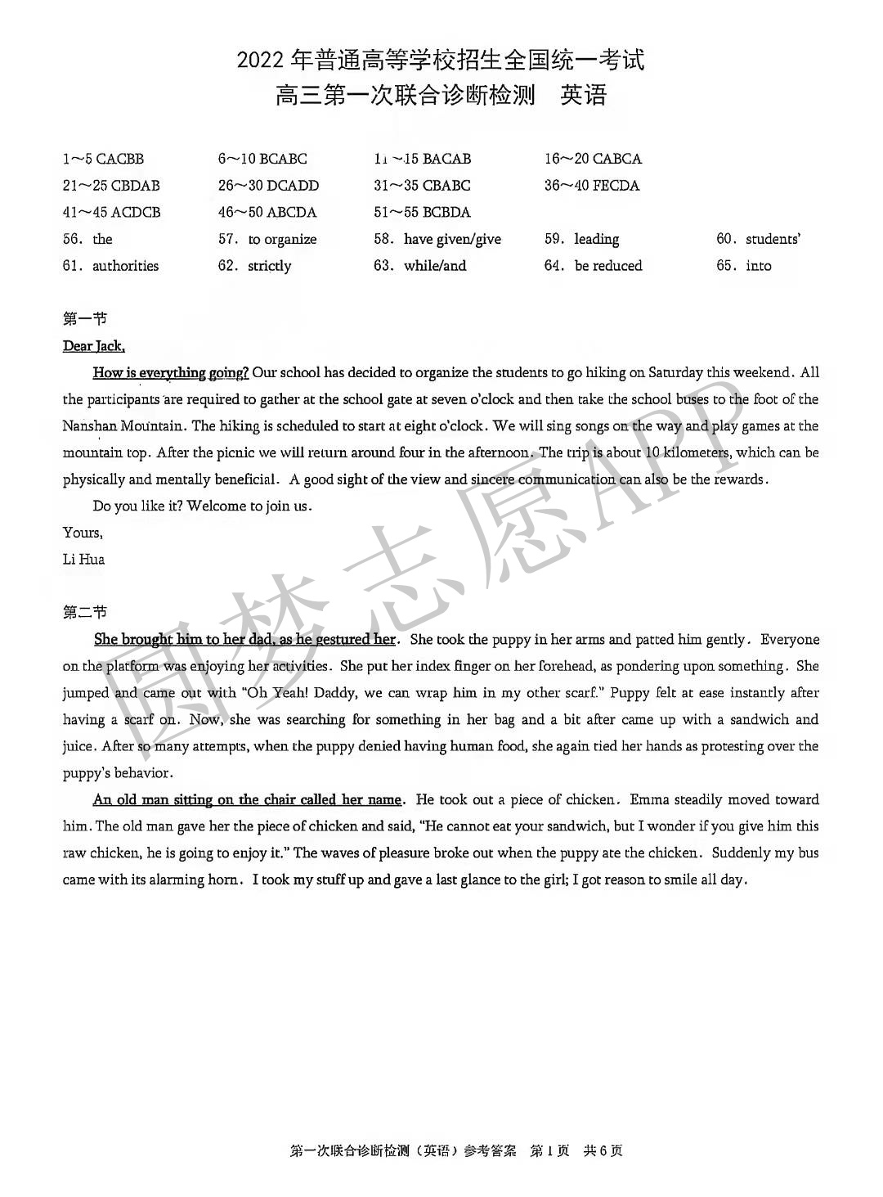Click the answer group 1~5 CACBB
103,159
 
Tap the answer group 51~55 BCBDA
422,213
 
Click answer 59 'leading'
582,239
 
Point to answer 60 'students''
758,239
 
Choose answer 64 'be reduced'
594,266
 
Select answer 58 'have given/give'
437,239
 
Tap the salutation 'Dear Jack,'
94,346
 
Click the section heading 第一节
84,318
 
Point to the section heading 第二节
84,612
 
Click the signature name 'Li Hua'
83,560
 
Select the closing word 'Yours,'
83,533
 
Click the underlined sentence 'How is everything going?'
171,373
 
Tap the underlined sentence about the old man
247,799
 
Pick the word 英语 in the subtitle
584,96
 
